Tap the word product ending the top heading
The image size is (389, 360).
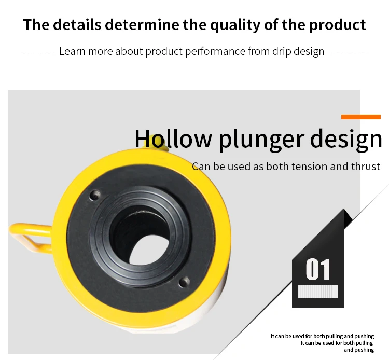pyautogui.click(x=338, y=25)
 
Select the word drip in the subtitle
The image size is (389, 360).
pyautogui.click(x=282, y=51)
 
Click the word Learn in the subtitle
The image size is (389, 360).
pyautogui.click(x=72, y=51)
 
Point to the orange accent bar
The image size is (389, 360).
pyautogui.click(x=360, y=117)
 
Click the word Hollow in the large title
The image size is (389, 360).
pyautogui.click(x=173, y=139)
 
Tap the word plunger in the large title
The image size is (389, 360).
pyautogui.click(x=261, y=140)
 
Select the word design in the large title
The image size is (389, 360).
pyautogui.click(x=346, y=140)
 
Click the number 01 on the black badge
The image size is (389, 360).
pyautogui.click(x=318, y=269)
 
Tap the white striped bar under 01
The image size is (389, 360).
pyautogui.click(x=318, y=292)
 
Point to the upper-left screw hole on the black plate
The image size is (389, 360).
pyautogui.click(x=95, y=195)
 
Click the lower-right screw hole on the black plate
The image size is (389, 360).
pyautogui.click(x=184, y=282)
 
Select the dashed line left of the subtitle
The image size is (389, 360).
pyautogui.click(x=38, y=52)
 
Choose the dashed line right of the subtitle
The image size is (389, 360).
pyautogui.click(x=348, y=52)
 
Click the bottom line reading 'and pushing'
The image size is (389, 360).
pyautogui.click(x=359, y=350)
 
